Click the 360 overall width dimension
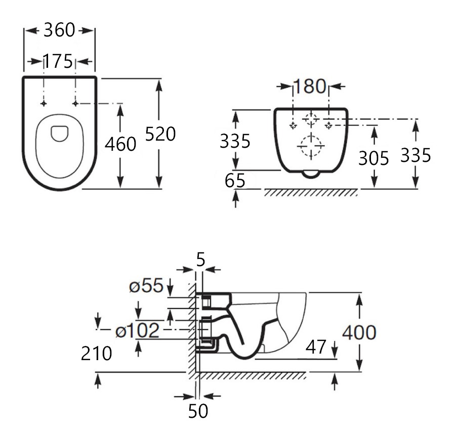[59, 30]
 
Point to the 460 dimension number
[120, 144]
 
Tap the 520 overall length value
[160, 134]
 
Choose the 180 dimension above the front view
[310, 87]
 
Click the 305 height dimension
[374, 158]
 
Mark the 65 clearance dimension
[235, 180]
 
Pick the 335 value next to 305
[416, 155]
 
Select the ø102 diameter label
[137, 331]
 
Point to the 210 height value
[96, 354]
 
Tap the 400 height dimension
[359, 332]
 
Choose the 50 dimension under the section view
[198, 411]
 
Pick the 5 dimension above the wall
[200, 260]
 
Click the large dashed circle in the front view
[311, 146]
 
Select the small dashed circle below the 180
[311, 119]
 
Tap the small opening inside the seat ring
[60, 133]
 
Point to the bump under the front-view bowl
[310, 175]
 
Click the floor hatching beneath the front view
[310, 193]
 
